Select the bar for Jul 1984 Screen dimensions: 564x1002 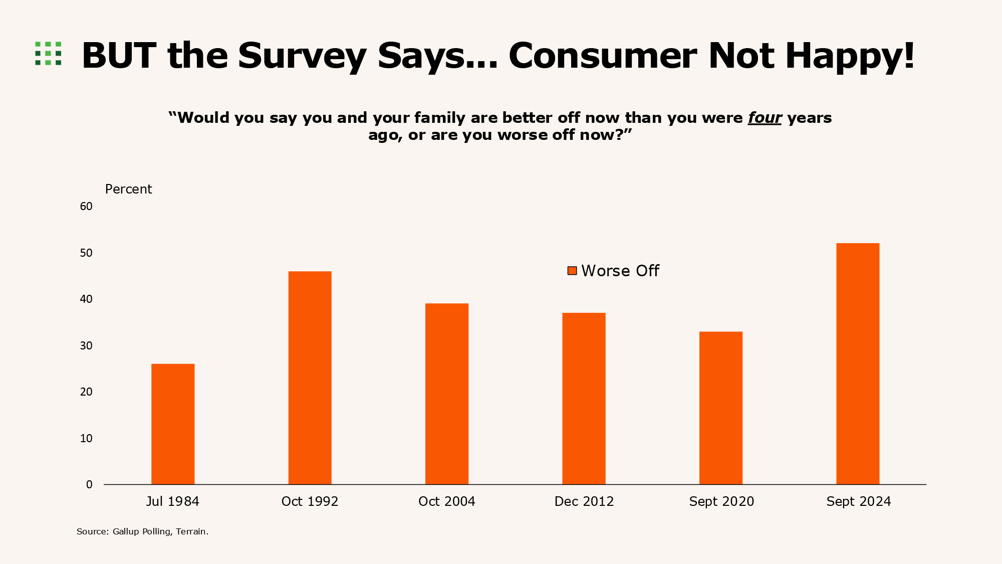(x=173, y=424)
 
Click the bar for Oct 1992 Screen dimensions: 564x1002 (x=310, y=378)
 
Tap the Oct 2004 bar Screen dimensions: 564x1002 (x=447, y=394)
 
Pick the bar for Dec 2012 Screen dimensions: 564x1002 (x=584, y=399)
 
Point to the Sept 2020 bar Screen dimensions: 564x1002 (x=721, y=408)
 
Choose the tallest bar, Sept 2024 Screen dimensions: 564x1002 (x=858, y=363)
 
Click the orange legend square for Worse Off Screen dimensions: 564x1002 (x=572, y=271)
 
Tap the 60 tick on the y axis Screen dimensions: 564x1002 (x=86, y=207)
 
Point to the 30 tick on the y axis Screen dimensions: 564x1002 (x=86, y=346)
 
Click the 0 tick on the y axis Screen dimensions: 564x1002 (x=89, y=485)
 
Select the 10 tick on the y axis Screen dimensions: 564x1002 (x=86, y=439)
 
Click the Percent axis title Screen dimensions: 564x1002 (x=128, y=190)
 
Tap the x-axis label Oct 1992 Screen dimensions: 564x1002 (x=310, y=502)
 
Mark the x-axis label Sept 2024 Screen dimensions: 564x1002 (x=858, y=502)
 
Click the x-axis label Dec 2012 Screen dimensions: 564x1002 (x=584, y=502)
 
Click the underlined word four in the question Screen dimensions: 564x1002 (x=765, y=118)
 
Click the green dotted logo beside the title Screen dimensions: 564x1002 (x=48, y=53)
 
